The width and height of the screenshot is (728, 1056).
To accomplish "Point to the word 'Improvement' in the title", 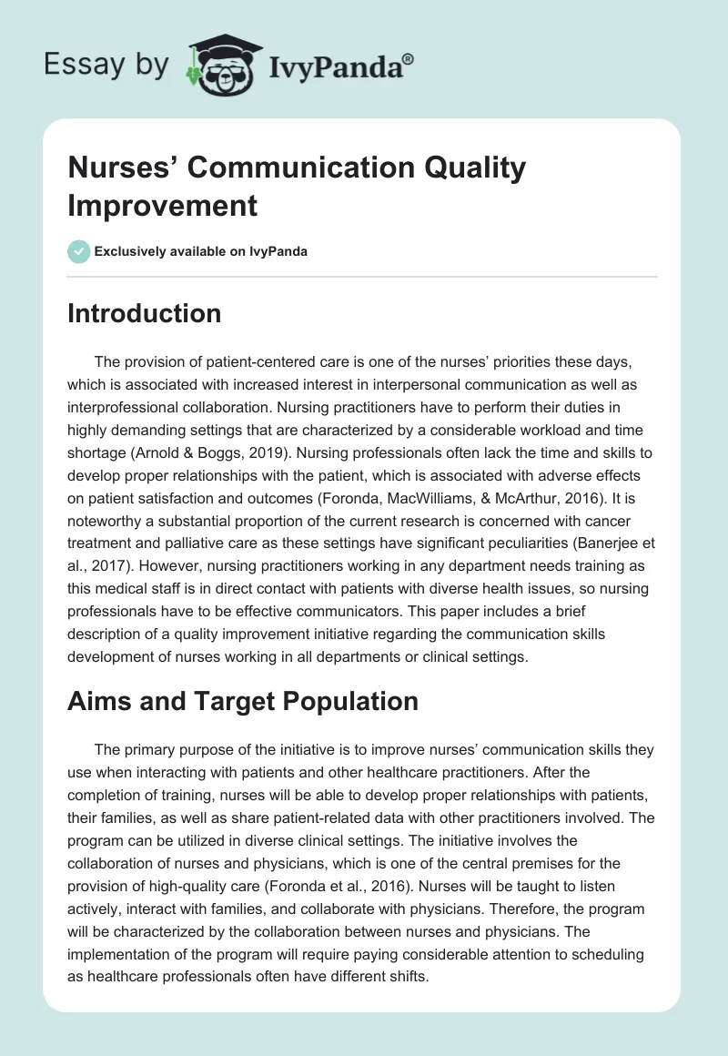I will (163, 205).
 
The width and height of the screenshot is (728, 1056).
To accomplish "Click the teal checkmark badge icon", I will (79, 251).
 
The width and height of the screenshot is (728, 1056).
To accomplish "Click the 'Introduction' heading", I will (144, 313).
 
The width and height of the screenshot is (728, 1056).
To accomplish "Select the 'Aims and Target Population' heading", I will (243, 701).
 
